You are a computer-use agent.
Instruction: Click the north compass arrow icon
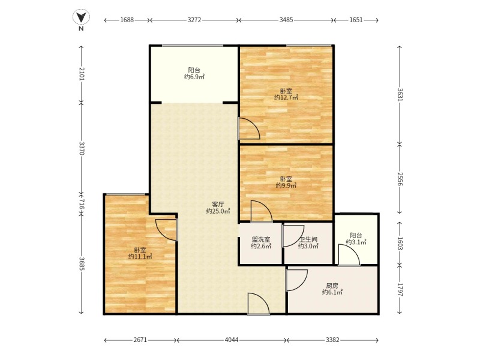(x=81, y=17)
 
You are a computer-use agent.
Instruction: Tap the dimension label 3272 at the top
(x=194, y=20)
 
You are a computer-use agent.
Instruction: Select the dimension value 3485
(x=286, y=20)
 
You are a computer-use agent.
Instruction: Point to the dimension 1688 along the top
(x=127, y=20)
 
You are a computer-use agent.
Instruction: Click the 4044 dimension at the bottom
(x=232, y=340)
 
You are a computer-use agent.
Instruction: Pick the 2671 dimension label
(x=140, y=340)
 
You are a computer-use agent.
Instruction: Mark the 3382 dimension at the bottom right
(x=332, y=340)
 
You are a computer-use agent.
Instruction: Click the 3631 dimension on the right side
(x=400, y=95)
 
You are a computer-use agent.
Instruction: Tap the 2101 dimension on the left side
(x=82, y=74)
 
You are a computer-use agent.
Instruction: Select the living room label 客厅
(x=218, y=204)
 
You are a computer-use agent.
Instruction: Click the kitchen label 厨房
(x=332, y=286)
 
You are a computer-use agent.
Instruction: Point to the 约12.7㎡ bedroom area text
(x=286, y=98)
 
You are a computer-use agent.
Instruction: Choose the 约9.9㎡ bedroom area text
(x=286, y=185)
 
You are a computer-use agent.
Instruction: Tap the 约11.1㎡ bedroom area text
(x=140, y=257)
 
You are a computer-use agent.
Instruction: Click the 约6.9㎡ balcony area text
(x=194, y=77)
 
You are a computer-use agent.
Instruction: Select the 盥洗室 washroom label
(x=261, y=239)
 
